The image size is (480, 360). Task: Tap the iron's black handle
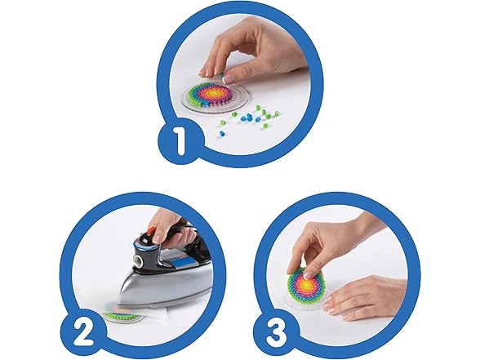[173, 238]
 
